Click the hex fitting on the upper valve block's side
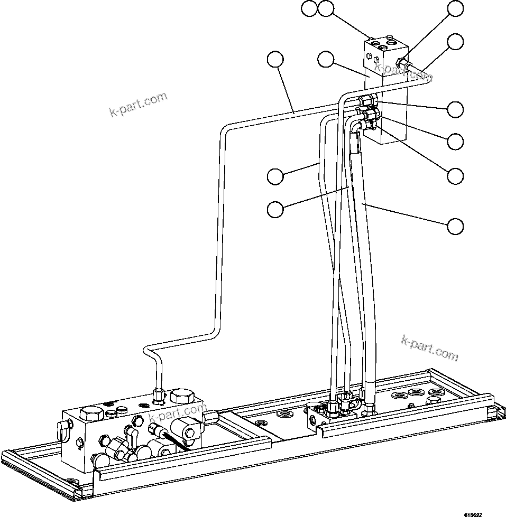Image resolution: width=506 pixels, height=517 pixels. tap(403, 64)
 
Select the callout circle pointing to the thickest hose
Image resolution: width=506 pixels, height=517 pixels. tap(455, 226)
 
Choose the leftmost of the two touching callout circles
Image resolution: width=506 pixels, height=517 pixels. tap(310, 8)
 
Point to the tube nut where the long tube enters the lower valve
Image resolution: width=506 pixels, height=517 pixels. tap(157, 393)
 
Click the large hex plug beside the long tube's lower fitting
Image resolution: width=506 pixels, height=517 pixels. tap(181, 398)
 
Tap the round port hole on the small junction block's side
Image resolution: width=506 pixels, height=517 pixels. tap(315, 421)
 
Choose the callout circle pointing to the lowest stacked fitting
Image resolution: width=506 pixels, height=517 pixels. tap(455, 175)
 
